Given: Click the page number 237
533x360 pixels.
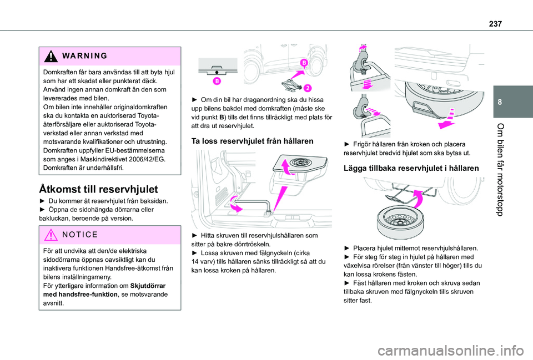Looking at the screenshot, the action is pos(495,24).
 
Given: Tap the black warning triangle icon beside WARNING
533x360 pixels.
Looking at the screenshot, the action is pos(51,56).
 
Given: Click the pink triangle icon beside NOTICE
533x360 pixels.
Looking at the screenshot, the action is pos(51,235).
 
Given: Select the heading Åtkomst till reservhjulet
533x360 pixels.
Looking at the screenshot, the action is pos(99,189).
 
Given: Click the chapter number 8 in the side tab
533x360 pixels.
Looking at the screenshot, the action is pos(500,102).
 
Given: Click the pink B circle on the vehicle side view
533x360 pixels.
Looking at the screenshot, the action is pos(304,63).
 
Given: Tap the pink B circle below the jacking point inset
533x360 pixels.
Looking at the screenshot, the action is pos(217,81).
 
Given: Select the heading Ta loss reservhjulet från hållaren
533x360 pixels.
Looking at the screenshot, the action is pos(252,141).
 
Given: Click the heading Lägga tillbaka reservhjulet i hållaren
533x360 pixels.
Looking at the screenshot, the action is pos(411,168).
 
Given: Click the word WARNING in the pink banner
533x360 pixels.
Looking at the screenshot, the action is pos(84,55).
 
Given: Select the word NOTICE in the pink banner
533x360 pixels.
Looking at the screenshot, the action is pos(80,235).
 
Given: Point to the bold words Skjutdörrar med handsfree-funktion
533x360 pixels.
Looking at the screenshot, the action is pos(104,290).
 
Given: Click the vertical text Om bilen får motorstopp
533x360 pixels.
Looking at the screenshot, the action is pos(500,170).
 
